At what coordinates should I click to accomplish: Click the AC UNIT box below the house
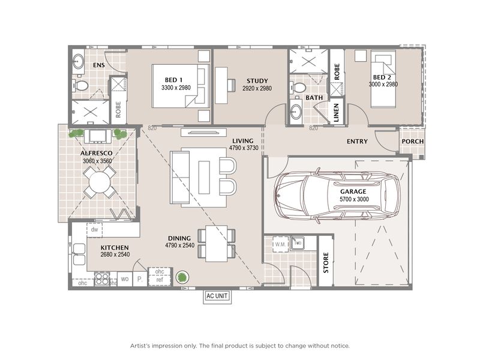click(217, 296)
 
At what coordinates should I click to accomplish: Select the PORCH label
click(413, 142)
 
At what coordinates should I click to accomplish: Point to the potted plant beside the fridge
click(181, 277)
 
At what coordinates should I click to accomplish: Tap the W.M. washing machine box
click(280, 244)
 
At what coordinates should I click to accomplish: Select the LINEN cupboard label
click(337, 113)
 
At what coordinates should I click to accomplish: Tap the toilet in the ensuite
click(80, 86)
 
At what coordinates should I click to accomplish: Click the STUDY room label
click(257, 81)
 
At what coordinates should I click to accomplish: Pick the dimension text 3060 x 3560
click(98, 161)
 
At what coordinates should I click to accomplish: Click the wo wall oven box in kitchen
click(125, 280)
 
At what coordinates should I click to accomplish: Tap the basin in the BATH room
click(296, 112)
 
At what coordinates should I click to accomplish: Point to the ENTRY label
click(358, 142)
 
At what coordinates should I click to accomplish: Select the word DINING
click(179, 238)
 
